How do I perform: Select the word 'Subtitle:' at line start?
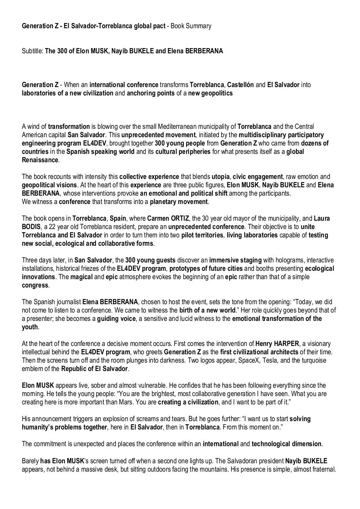tap(33, 51)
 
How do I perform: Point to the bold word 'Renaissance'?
tap(40, 160)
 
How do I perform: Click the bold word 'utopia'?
tap(220, 177)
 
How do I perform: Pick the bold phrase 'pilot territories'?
tap(202, 235)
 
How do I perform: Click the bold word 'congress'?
tap(35, 285)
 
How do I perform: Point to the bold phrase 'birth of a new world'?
tap(207, 310)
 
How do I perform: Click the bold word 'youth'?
tap(30, 327)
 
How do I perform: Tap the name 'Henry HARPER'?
tap(277, 344)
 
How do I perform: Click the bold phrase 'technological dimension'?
tap(286, 444)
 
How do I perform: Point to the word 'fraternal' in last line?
tap(323, 469)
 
